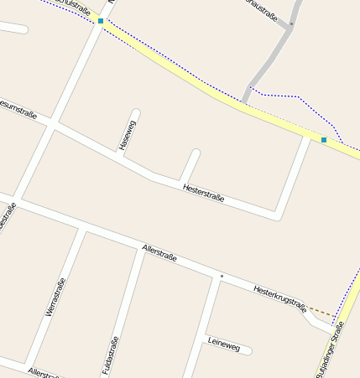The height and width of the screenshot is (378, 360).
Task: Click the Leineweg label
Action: (222, 343)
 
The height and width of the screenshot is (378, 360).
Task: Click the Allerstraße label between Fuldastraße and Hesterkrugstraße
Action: (159, 252)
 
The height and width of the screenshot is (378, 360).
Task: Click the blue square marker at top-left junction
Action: (101, 20)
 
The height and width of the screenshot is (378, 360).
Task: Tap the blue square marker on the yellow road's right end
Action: (324, 139)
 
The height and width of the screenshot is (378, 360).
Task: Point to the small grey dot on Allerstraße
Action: (222, 276)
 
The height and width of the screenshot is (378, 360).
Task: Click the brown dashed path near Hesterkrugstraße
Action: (321, 312)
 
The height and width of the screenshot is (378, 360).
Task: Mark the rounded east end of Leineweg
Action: (248, 351)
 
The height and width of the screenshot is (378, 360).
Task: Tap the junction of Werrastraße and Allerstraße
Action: (83, 228)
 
